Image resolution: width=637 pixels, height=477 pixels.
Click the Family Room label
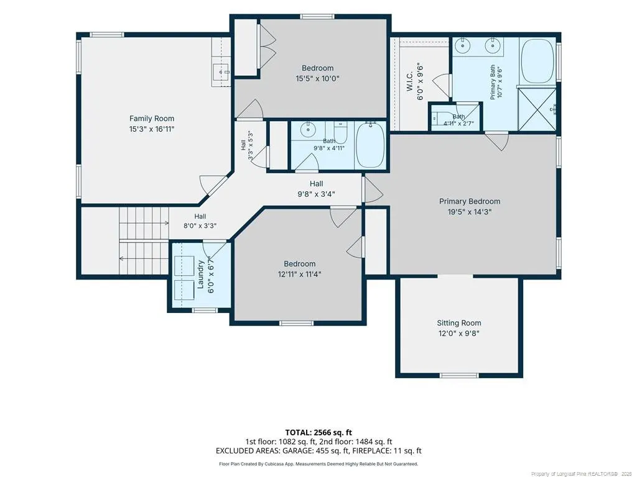coord(152,119)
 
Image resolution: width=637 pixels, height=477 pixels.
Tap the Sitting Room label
coord(459,323)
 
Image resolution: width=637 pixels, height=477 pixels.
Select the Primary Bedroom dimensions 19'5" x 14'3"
coord(470,212)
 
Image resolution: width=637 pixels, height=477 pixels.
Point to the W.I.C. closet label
coord(410,81)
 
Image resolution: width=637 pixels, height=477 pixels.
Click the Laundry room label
coord(200,274)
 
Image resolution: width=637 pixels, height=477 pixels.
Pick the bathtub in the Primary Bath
coord(537,61)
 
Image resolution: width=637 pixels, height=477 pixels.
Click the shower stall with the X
coord(537,109)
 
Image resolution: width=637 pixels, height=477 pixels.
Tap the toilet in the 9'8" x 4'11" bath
coord(340,132)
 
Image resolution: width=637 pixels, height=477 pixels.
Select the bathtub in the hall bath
coord(370,145)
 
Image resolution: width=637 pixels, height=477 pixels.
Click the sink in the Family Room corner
coord(221,72)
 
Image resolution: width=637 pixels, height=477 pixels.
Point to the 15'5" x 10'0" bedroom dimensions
coord(317,79)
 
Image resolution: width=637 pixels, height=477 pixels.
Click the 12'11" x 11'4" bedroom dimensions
coord(299,274)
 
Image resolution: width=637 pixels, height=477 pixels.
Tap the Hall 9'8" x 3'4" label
coord(316,189)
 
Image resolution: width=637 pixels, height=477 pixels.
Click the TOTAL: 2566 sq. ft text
coord(318,432)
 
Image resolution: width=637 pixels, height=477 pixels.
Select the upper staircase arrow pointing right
coord(144,223)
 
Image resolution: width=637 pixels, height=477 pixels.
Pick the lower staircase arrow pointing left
coord(144,258)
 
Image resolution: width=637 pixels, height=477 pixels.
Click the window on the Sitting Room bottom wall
coord(460,375)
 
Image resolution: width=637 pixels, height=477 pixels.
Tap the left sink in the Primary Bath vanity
coord(462,46)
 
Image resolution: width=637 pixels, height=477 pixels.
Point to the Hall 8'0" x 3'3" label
coord(200,221)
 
